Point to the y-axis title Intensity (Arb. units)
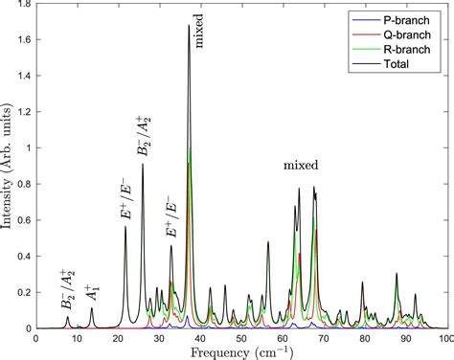click(x=9, y=168)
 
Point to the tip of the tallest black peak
click(x=189, y=26)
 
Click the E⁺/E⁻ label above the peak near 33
click(x=170, y=217)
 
